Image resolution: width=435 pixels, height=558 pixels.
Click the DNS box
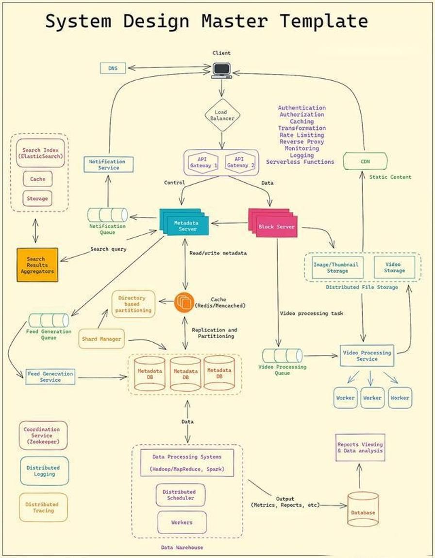113,69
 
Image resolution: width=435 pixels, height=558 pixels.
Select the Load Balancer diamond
222,115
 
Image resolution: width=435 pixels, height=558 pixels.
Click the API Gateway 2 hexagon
238,162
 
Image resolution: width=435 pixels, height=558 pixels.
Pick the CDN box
365,161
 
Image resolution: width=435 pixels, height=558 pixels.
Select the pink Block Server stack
273,223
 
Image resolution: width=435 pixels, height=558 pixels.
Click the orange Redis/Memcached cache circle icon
184,302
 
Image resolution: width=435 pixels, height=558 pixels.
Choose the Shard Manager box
101,339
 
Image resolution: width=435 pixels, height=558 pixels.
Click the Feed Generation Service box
50,377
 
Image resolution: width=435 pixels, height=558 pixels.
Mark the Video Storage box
394,267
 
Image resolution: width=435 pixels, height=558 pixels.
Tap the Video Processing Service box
367,356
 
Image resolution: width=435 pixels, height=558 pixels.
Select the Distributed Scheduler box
180,495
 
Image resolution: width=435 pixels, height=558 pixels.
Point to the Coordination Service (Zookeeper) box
42,436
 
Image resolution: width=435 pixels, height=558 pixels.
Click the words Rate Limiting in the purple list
301,135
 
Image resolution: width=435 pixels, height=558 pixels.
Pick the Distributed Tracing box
42,507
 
